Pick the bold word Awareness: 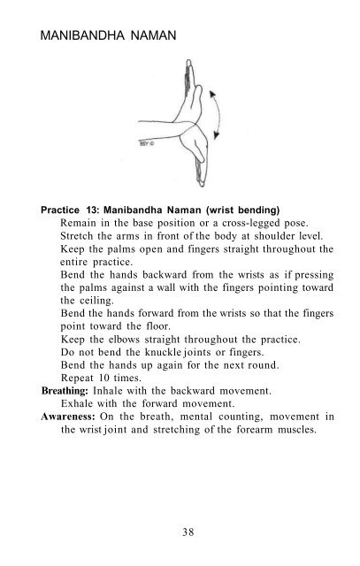point(73,420)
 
